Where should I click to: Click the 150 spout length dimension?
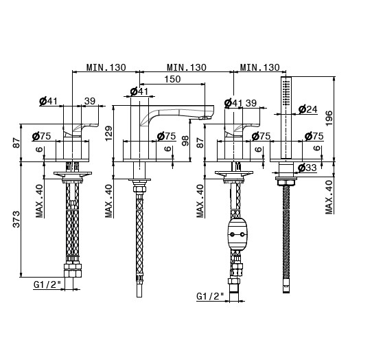pyautogui.click(x=172, y=79)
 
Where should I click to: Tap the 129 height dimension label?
pyautogui.click(x=108, y=133)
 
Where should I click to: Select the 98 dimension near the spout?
pyautogui.click(x=185, y=141)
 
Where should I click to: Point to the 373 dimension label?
pyautogui.click(x=16, y=219)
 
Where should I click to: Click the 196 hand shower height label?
pyautogui.click(x=329, y=118)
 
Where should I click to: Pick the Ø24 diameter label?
pyautogui.click(x=307, y=109)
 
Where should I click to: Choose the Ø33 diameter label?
pyautogui.click(x=307, y=168)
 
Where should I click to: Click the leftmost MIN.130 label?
pyautogui.click(x=106, y=67)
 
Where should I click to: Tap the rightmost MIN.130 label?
pyautogui.click(x=260, y=67)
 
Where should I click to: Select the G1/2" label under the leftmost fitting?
pyautogui.click(x=47, y=284)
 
